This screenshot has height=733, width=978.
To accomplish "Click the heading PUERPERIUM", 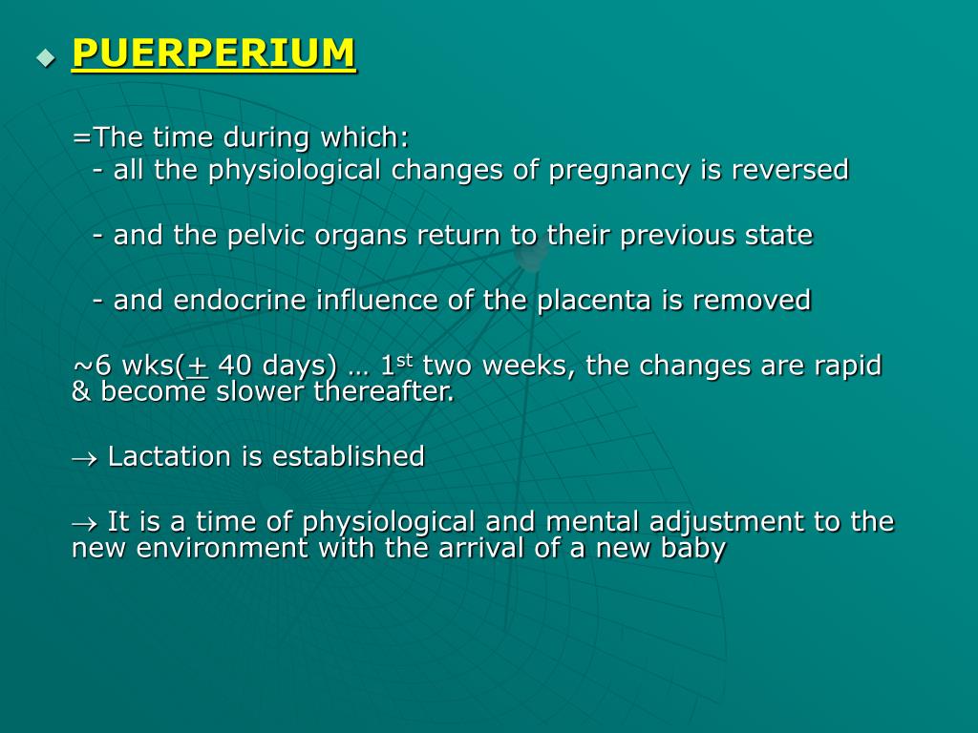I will click(214, 53).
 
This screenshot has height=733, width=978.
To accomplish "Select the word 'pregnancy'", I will click(605, 171).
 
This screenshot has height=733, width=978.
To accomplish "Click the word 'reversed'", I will click(790, 170).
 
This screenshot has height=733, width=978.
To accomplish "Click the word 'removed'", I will click(752, 301).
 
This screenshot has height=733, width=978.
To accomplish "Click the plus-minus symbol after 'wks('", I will click(198, 366).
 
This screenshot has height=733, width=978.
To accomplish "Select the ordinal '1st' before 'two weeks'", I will click(395, 364).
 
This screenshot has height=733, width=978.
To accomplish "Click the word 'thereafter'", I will click(384, 391).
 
